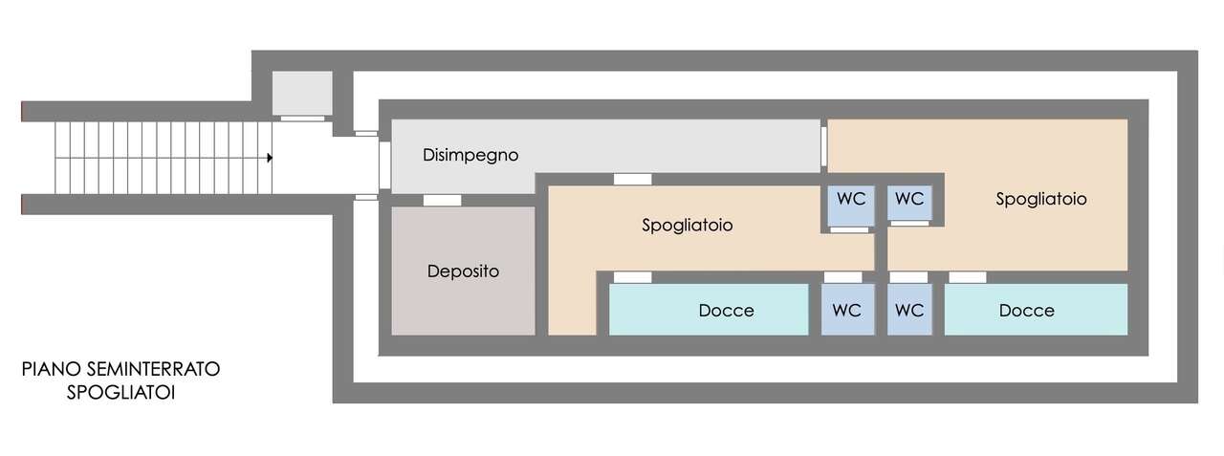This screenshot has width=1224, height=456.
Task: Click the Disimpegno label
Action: [x=470, y=155]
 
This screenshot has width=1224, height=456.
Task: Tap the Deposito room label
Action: [x=463, y=271]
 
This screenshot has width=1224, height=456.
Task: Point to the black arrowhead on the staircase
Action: [x=270, y=158]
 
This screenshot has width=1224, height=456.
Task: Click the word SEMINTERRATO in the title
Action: [x=153, y=369]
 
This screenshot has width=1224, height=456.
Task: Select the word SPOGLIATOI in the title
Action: [x=120, y=393]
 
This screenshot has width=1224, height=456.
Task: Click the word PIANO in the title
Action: [x=52, y=369]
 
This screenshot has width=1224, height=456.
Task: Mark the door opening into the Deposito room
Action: [x=442, y=201]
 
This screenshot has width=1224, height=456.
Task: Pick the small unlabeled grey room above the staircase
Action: [x=302, y=94]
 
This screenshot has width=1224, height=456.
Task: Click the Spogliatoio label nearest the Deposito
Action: [x=687, y=225]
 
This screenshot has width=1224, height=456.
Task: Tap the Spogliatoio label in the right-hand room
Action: [x=1041, y=199]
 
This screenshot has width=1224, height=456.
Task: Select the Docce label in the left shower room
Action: [x=726, y=311]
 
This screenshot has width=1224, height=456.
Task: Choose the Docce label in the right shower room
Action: [x=1027, y=311]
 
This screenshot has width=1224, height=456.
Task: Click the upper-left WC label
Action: [x=851, y=199]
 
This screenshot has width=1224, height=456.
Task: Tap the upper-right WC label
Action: [x=909, y=199]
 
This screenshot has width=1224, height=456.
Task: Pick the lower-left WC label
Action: [x=847, y=311]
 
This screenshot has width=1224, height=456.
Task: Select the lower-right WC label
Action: [x=909, y=311]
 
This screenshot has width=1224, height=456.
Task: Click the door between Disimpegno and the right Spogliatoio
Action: [x=823, y=146]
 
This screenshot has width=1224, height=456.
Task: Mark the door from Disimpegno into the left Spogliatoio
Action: [x=633, y=179]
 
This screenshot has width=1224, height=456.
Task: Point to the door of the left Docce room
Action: [x=633, y=277]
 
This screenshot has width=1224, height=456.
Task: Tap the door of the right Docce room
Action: [x=967, y=277]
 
